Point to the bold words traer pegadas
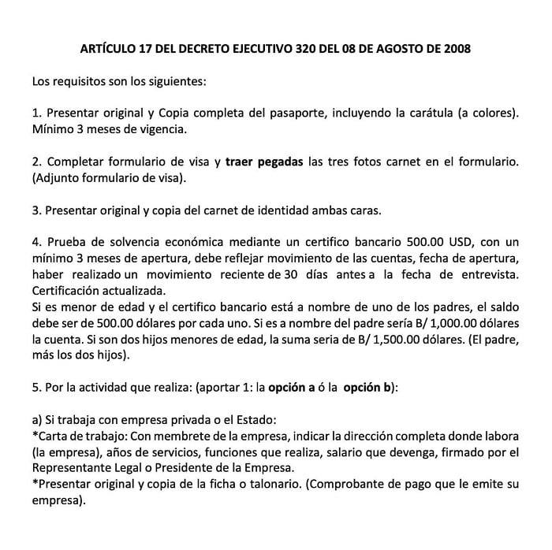click(x=263, y=162)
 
